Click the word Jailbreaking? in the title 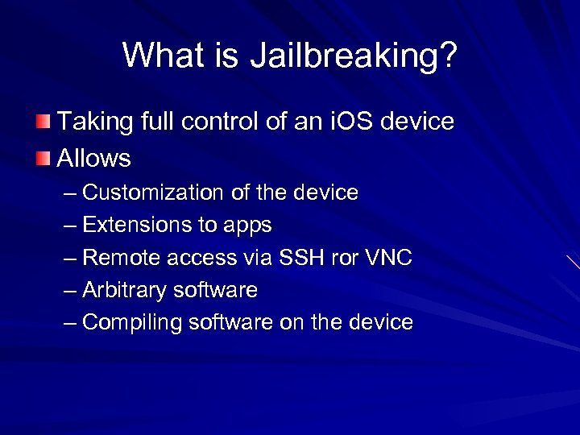[x=354, y=56]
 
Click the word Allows [x=93, y=158]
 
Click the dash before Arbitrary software [x=71, y=290]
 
